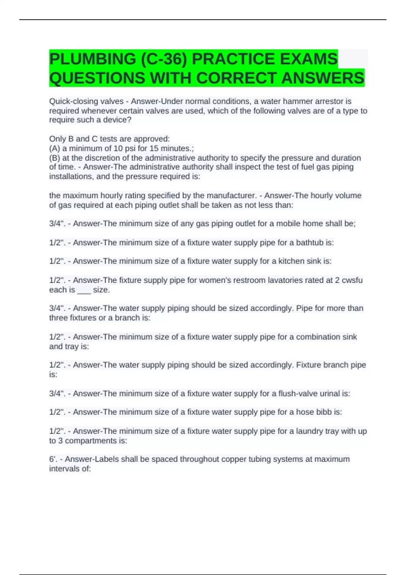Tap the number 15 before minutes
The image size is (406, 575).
pos(154,148)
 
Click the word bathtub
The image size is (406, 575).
pos(310,243)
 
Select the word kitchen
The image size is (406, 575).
pos(291,261)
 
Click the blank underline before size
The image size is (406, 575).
pos(84,290)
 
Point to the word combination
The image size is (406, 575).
pos(317,337)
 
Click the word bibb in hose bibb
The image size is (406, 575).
pos(324,412)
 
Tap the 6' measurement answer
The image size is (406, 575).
pos(53,459)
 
